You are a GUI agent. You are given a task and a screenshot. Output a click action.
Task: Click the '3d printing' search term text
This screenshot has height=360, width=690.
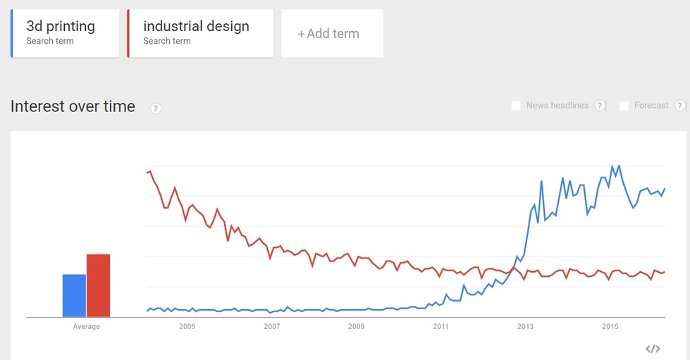tap(61, 27)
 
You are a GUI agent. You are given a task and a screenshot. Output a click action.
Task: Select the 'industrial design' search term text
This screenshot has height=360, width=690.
tap(196, 27)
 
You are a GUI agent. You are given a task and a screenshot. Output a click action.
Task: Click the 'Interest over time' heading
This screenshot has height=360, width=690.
tap(73, 106)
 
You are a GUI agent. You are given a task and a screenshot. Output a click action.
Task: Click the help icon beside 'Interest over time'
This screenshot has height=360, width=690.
tap(156, 108)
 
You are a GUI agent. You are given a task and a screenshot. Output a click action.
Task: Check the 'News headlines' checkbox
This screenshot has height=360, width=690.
tap(516, 106)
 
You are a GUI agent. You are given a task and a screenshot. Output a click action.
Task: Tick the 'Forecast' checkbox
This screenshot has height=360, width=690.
tap(624, 106)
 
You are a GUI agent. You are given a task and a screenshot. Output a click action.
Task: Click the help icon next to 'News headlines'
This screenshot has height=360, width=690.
tap(600, 106)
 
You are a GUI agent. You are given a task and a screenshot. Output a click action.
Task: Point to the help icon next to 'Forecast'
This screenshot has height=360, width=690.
tap(680, 106)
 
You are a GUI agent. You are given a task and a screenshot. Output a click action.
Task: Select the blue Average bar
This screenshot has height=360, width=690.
tap(74, 296)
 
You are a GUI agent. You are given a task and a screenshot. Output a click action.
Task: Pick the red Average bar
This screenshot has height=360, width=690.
tap(99, 285)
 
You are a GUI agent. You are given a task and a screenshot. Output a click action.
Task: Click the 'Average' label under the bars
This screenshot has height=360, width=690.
tap(87, 327)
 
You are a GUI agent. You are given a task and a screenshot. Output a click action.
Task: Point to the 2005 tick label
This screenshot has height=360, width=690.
tap(187, 327)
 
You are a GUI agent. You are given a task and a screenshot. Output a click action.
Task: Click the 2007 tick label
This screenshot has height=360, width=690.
tap(272, 327)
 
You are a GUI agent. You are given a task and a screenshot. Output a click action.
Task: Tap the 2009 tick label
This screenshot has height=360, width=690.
tap(357, 327)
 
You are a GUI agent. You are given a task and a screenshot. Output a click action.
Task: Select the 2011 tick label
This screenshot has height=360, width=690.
tap(441, 327)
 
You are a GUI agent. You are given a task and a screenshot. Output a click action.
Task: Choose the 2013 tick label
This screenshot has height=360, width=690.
tap(526, 327)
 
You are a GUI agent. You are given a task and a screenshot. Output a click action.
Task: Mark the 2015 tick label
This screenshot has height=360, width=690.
tap(610, 327)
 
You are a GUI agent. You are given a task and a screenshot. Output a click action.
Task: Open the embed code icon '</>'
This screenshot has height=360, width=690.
tap(653, 349)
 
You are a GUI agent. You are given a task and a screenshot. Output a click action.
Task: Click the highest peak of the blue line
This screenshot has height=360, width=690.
tap(612, 166)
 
